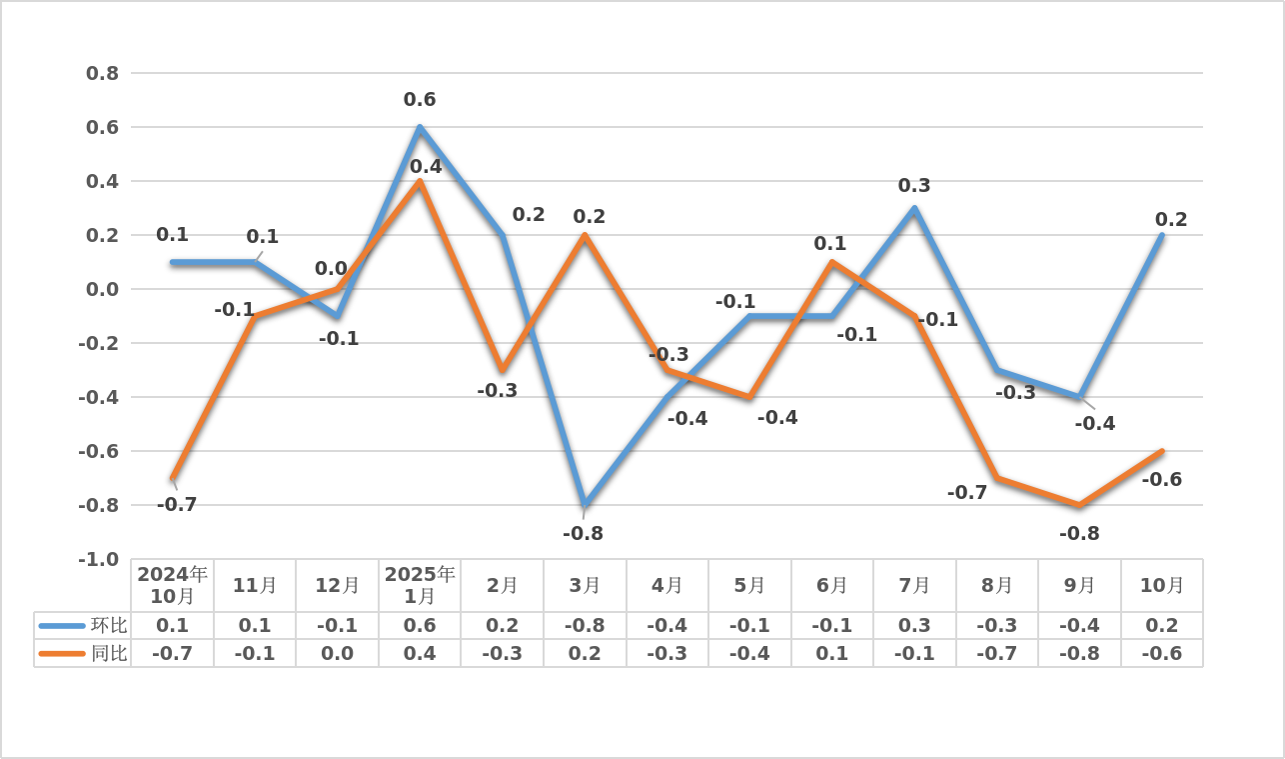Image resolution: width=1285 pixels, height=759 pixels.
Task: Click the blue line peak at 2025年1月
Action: click(x=420, y=127)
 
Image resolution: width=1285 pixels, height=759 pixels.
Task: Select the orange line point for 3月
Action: click(x=585, y=235)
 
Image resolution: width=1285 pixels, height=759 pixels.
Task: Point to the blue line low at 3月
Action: click(x=585, y=505)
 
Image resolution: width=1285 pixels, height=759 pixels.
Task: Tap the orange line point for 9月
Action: click(x=1079, y=505)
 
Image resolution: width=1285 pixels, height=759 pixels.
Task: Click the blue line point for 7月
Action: click(x=914, y=208)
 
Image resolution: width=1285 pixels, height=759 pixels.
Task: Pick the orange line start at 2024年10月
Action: click(x=173, y=478)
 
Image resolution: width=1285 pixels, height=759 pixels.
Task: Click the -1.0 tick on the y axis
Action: click(x=99, y=559)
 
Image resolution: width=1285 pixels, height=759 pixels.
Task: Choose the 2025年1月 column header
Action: click(x=420, y=585)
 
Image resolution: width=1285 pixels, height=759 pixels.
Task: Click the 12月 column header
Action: click(x=338, y=585)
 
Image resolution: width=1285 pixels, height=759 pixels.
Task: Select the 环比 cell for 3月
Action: click(x=585, y=625)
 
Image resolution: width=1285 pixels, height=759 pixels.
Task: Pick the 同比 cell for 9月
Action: click(x=1079, y=653)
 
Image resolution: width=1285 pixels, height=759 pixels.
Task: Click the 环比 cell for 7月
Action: click(x=914, y=625)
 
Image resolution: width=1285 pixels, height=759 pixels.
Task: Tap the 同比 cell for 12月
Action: click(x=338, y=653)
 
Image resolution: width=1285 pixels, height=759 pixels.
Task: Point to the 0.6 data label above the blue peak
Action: click(x=420, y=100)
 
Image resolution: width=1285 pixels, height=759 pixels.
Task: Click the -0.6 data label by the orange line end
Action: click(x=1162, y=480)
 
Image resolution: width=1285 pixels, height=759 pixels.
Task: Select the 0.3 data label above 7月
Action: click(x=914, y=186)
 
